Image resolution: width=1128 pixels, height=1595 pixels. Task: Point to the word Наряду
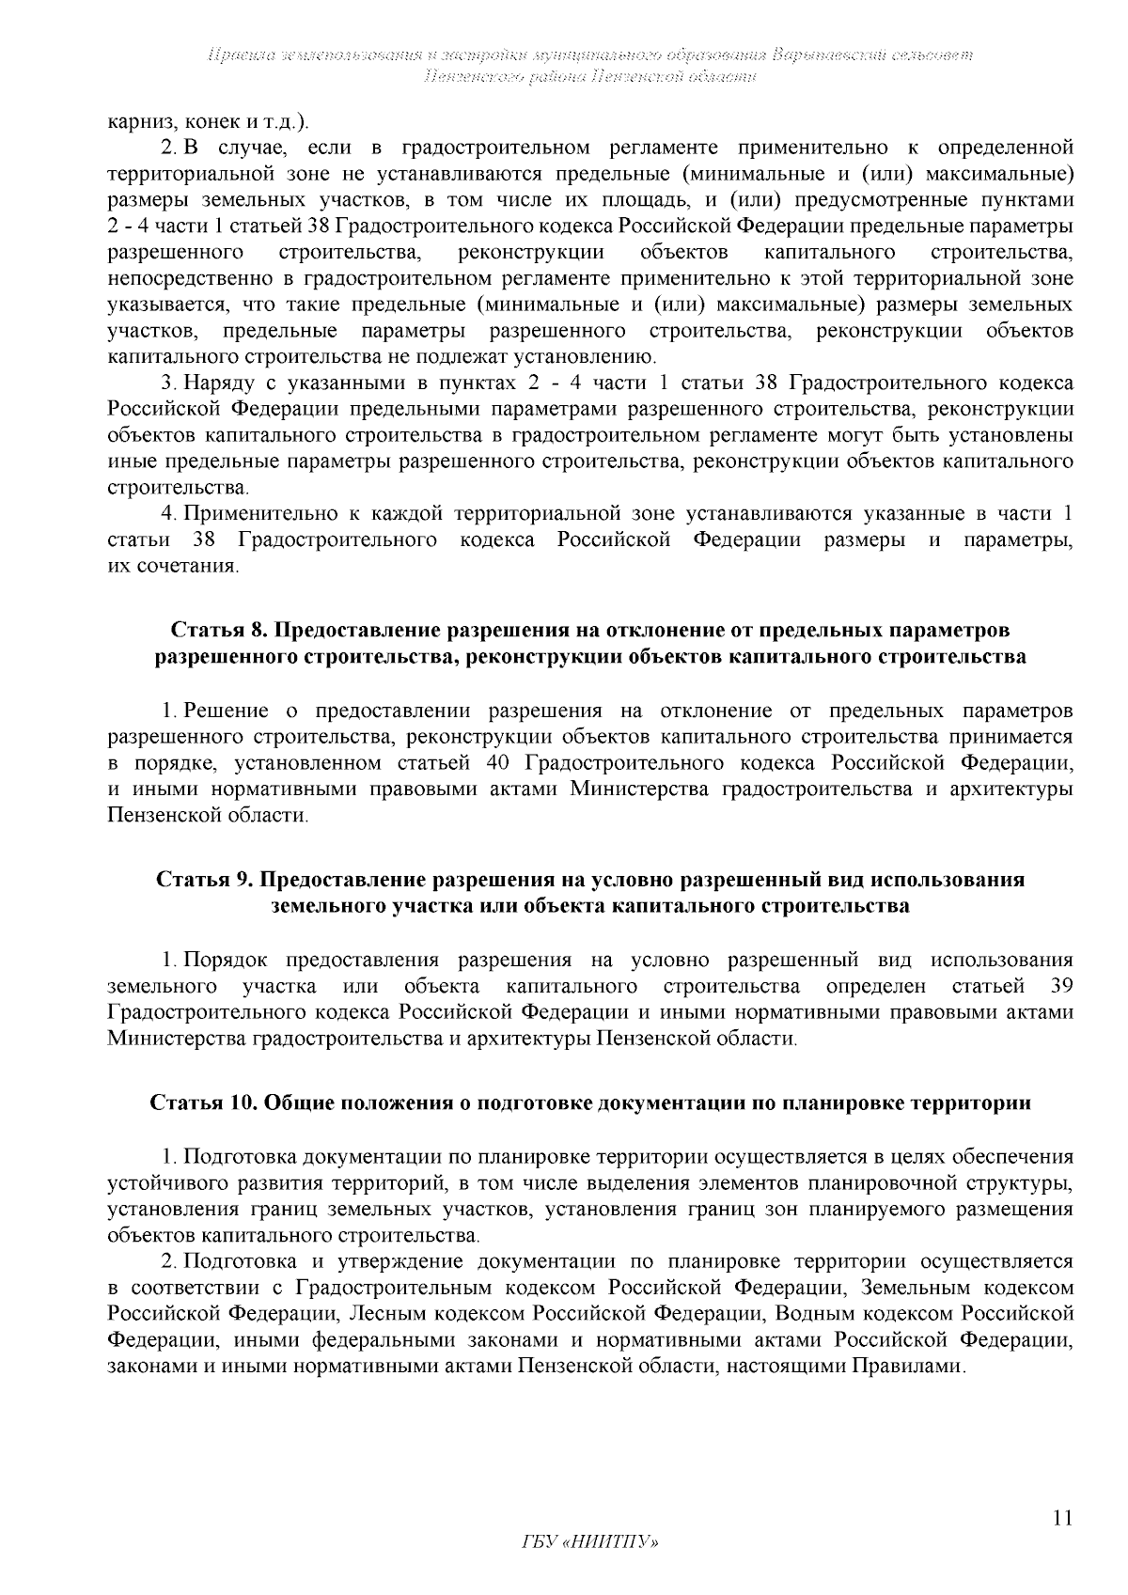pyautogui.click(x=216, y=383)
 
